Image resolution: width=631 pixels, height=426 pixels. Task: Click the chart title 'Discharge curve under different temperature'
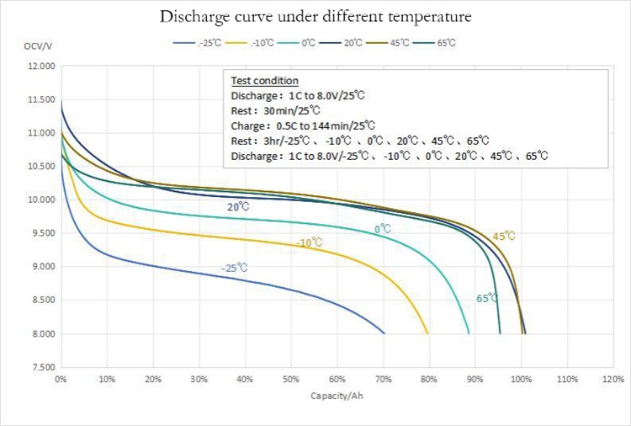pyautogui.click(x=315, y=17)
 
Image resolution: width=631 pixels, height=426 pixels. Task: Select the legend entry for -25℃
pyautogui.click(x=198, y=42)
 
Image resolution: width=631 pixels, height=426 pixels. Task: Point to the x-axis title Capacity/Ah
pyautogui.click(x=334, y=396)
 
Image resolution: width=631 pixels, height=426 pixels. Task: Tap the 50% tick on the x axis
pyautogui.click(x=291, y=380)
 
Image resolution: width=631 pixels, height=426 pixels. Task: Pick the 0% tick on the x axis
pyautogui.click(x=61, y=380)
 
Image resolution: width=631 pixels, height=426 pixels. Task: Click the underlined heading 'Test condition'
pyautogui.click(x=264, y=81)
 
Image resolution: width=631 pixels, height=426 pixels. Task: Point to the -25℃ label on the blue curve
pyautogui.click(x=235, y=268)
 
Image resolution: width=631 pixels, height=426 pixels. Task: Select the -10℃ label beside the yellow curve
pyautogui.click(x=310, y=242)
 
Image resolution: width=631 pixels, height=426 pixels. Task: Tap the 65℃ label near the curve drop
pyautogui.click(x=487, y=298)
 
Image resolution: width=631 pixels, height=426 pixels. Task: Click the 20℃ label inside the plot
pyautogui.click(x=237, y=206)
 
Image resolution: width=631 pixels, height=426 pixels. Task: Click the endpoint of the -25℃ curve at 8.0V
pyautogui.click(x=384, y=333)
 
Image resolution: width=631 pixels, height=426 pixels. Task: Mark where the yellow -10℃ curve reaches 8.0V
pyautogui.click(x=428, y=333)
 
